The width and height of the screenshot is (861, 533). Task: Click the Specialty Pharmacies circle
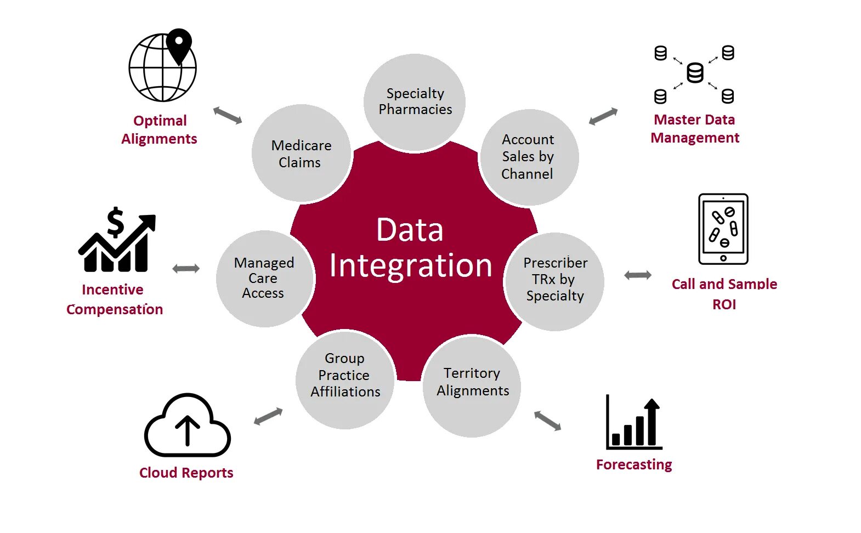(x=415, y=102)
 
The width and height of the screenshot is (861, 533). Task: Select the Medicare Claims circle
(x=301, y=154)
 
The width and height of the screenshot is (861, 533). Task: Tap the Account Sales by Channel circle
(x=529, y=157)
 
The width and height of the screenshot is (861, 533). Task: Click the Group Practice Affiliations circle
(x=345, y=378)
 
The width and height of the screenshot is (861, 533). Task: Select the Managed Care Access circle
(x=264, y=279)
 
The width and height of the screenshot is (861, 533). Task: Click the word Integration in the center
(x=410, y=266)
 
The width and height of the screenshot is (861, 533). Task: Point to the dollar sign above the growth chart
(x=116, y=222)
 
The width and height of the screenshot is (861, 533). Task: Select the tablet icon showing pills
(x=723, y=229)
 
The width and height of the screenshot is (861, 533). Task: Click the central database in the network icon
(x=695, y=72)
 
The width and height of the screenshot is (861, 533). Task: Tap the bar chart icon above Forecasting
(x=634, y=423)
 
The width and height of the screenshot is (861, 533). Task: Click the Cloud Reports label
(x=186, y=473)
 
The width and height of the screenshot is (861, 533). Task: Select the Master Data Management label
(x=695, y=128)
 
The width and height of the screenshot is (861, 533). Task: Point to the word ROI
(x=724, y=305)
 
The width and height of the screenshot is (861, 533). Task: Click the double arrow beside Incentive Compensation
(x=186, y=268)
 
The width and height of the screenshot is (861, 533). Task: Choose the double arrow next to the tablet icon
(x=638, y=275)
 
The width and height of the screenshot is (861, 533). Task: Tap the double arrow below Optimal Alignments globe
(x=227, y=115)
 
